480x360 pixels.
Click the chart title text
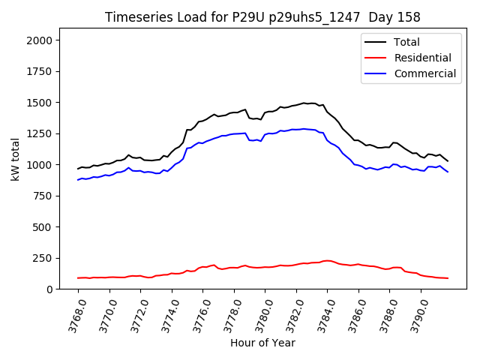click(262, 17)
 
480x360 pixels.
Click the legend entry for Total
click(406, 42)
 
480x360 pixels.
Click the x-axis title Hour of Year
click(262, 343)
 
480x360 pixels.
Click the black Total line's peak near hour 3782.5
click(304, 103)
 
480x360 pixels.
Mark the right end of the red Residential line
click(448, 278)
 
